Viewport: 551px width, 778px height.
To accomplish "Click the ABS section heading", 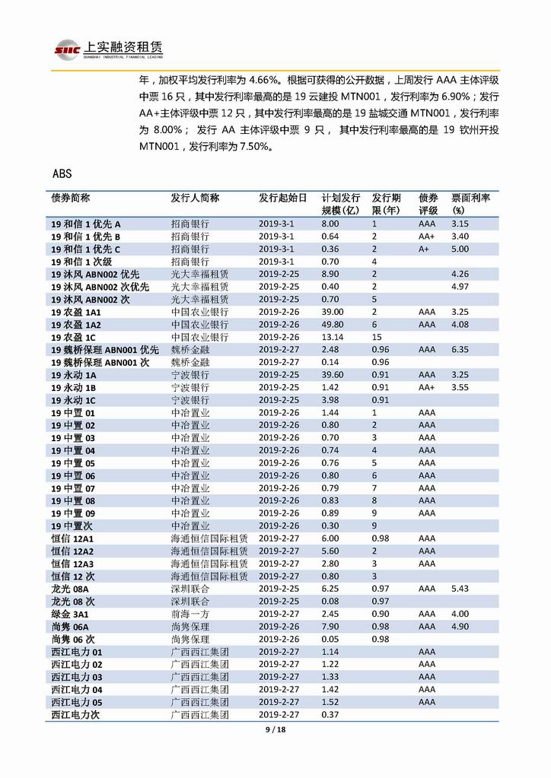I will click(x=62, y=173).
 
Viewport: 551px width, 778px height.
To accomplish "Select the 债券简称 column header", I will click(x=70, y=198).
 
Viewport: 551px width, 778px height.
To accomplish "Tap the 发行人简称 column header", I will click(x=195, y=198).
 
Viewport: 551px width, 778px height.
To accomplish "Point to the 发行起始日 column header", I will click(x=282, y=198).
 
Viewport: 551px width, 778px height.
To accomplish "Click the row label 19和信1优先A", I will click(x=86, y=224).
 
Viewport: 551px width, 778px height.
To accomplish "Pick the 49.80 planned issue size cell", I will click(x=331, y=325).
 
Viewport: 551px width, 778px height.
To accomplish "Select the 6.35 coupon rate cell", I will click(x=459, y=350).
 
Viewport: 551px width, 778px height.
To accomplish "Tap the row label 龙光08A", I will click(x=70, y=589).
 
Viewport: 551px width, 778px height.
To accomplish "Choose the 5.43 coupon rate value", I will click(x=459, y=589).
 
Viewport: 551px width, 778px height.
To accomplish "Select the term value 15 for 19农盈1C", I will click(x=377, y=337).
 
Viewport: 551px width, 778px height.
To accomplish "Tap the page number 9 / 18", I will click(x=275, y=730).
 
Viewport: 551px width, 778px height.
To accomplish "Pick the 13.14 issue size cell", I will click(x=331, y=337).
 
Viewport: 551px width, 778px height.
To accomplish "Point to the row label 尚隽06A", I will click(x=70, y=627).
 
